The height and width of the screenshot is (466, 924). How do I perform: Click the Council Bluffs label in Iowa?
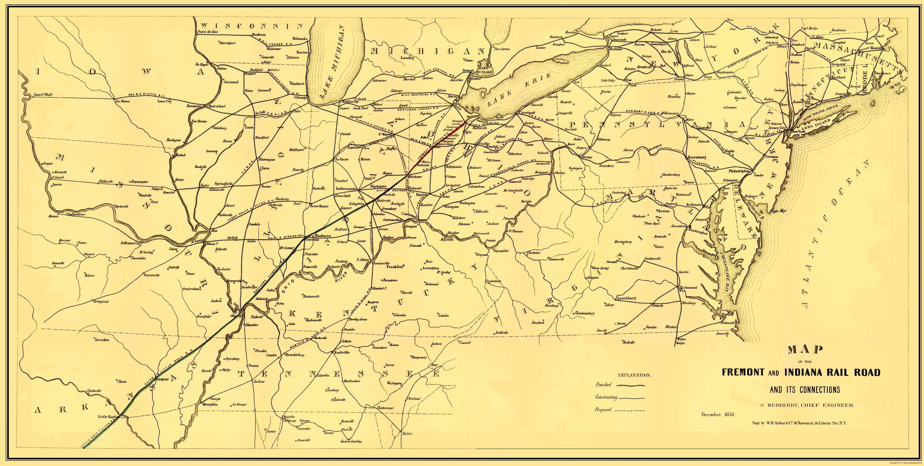43,95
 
